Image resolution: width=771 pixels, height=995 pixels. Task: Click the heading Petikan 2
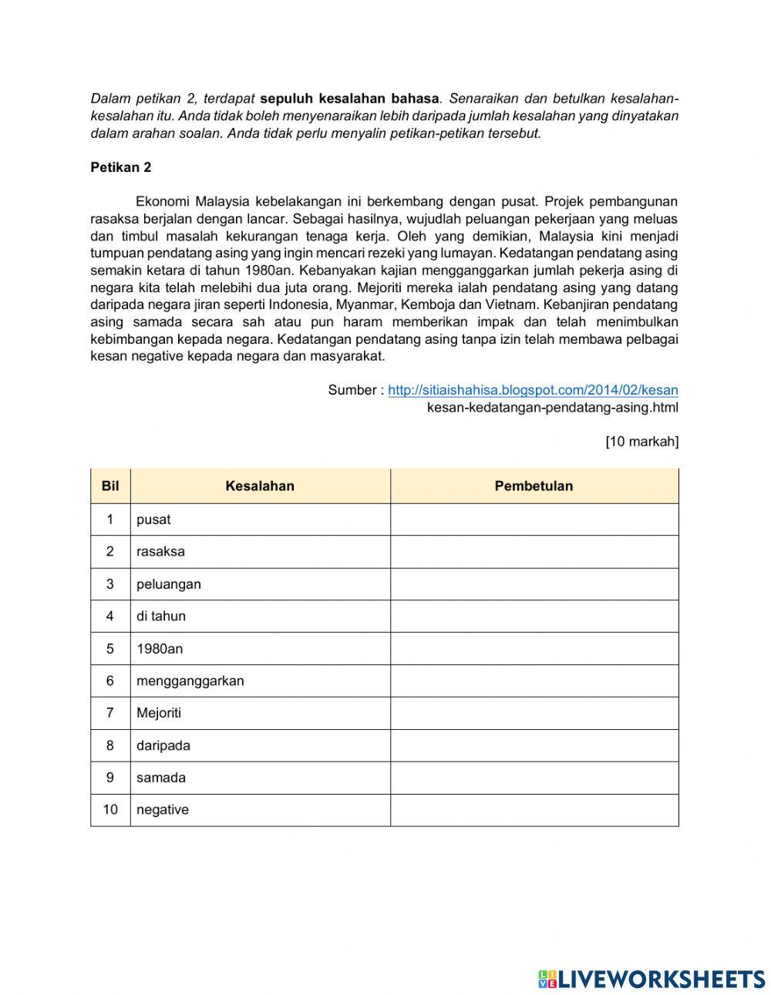[121, 167]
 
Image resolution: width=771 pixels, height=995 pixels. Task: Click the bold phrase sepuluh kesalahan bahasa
[349, 99]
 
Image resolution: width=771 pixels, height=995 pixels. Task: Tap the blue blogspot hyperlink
[533, 390]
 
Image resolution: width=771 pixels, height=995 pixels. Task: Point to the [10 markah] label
[641, 442]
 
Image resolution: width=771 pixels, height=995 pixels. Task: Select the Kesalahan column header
[260, 486]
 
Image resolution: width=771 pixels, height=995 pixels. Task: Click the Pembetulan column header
[534, 486]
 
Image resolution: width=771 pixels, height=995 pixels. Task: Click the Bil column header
[110, 486]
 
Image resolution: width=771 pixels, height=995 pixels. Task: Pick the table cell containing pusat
[260, 519]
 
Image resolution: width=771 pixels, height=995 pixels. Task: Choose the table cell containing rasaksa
[260, 552]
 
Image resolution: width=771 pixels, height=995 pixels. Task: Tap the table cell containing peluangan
[260, 584]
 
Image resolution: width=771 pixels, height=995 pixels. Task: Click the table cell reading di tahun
[260, 617]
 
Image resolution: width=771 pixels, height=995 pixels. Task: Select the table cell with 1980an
[260, 649]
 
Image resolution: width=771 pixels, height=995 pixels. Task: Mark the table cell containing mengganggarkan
[260, 681]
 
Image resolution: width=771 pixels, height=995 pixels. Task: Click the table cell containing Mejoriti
[260, 714]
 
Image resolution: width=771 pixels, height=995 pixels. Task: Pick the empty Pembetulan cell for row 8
[534, 746]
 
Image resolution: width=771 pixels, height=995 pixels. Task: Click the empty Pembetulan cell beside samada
[534, 778]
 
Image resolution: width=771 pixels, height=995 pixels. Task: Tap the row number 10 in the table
[110, 810]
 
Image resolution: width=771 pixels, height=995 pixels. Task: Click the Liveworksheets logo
[651, 979]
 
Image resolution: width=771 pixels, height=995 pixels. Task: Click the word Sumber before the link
[352, 390]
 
